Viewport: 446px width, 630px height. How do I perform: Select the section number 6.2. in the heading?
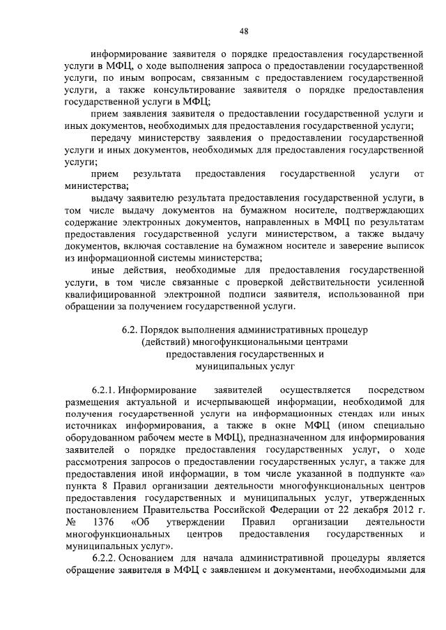131,328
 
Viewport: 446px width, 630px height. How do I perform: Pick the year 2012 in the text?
392,509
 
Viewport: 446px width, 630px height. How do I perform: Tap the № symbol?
69,521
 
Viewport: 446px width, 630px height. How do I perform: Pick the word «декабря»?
360,509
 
